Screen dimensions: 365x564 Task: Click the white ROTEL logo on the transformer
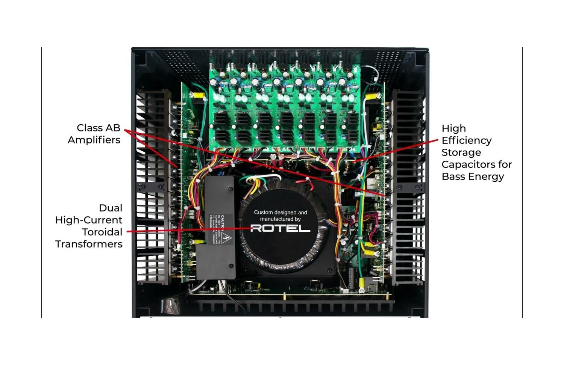click(280, 228)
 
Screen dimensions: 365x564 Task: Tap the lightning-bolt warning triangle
click(226, 238)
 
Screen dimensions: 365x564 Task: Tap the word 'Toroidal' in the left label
click(102, 232)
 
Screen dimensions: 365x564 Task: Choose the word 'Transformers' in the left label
click(89, 244)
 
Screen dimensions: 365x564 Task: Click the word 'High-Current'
click(89, 220)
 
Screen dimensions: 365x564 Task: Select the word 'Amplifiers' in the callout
click(94, 140)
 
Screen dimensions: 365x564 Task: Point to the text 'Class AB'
click(98, 128)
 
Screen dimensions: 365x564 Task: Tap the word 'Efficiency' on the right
click(467, 140)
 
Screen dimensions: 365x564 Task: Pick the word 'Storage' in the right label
click(461, 152)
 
